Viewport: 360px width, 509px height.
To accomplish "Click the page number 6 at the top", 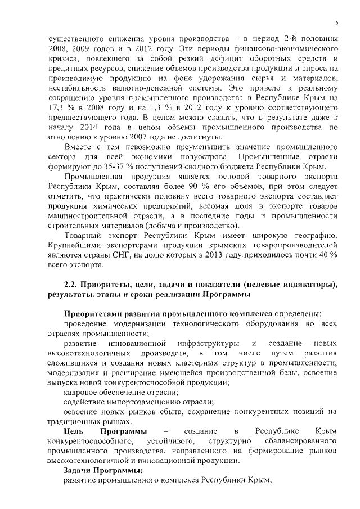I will [336, 22].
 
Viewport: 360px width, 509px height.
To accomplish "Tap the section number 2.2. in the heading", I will [71, 285].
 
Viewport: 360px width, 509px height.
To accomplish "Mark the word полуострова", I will [205, 156].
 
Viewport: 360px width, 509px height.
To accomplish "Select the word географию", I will [317, 233].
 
